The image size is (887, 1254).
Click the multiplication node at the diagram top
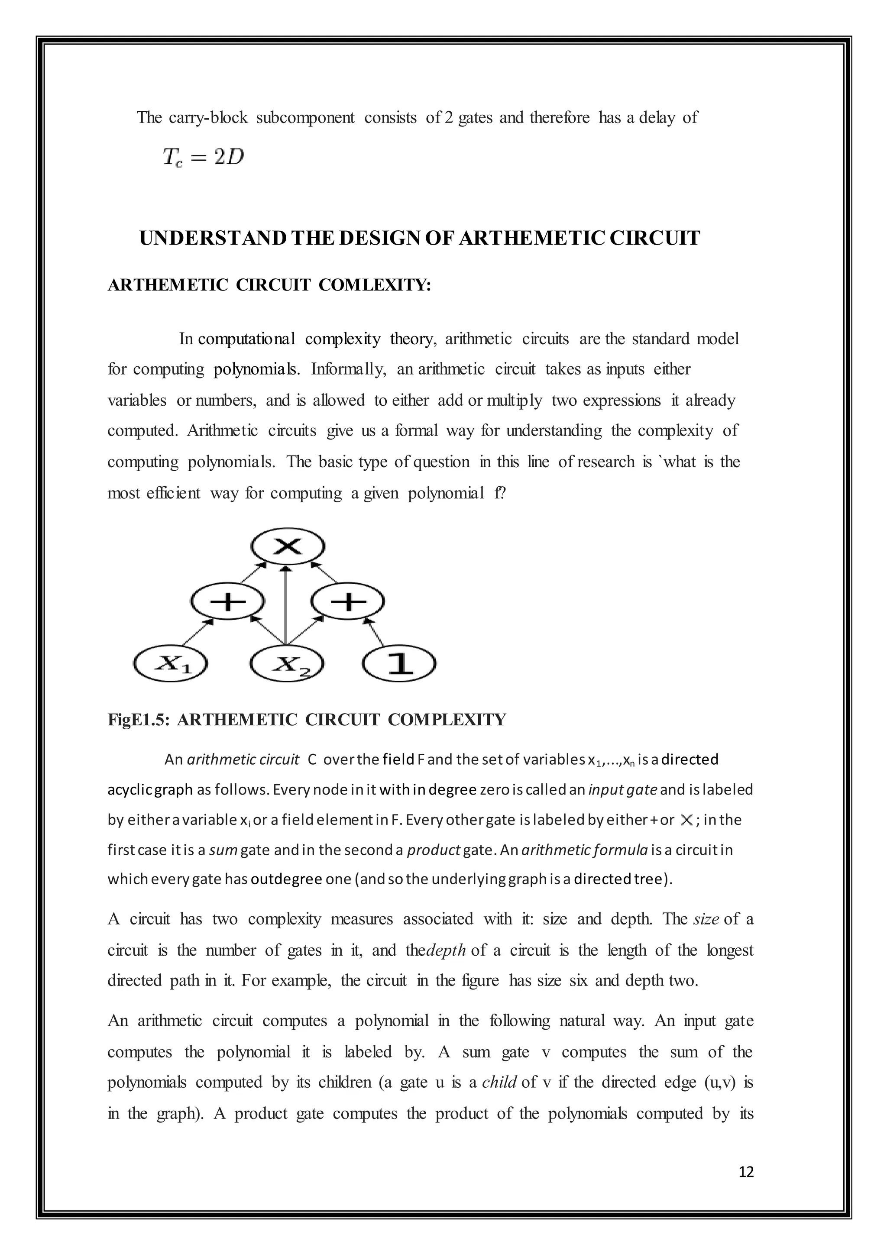coord(288,546)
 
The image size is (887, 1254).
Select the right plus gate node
coord(348,602)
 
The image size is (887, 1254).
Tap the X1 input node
coord(170,664)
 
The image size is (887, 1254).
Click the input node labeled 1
coord(400,664)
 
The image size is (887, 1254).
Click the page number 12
coord(745,1172)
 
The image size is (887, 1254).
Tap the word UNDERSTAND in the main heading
coord(213,239)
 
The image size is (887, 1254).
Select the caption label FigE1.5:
coord(139,720)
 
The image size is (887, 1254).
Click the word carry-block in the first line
coord(208,117)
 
